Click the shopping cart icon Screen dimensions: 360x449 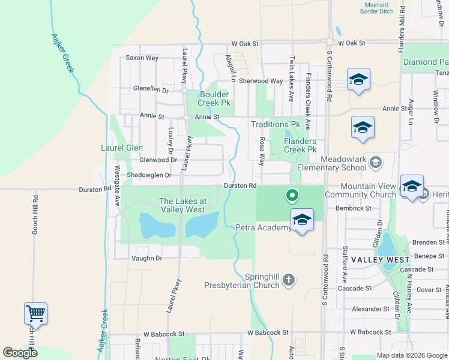pos(35,313)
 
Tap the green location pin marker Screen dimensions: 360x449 pos(292,195)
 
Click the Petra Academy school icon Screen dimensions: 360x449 pos(302,220)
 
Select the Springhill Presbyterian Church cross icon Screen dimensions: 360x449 pos(289,279)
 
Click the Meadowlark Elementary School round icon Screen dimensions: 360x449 pos(375,161)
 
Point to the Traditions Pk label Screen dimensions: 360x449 pos(275,124)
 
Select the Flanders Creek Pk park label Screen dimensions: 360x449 pos(300,145)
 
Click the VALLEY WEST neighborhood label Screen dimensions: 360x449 pos(380,260)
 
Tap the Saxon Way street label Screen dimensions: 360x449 pos(142,58)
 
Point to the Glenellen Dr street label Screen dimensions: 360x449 pos(151,89)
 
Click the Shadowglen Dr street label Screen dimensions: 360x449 pos(149,175)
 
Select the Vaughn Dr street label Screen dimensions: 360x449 pos(146,258)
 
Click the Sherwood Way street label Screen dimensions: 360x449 pos(261,81)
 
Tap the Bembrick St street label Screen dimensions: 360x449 pos(354,208)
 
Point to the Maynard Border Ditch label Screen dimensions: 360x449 pos(378,8)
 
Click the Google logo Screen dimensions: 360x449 pos(20,353)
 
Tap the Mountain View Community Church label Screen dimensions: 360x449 pos(369,191)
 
